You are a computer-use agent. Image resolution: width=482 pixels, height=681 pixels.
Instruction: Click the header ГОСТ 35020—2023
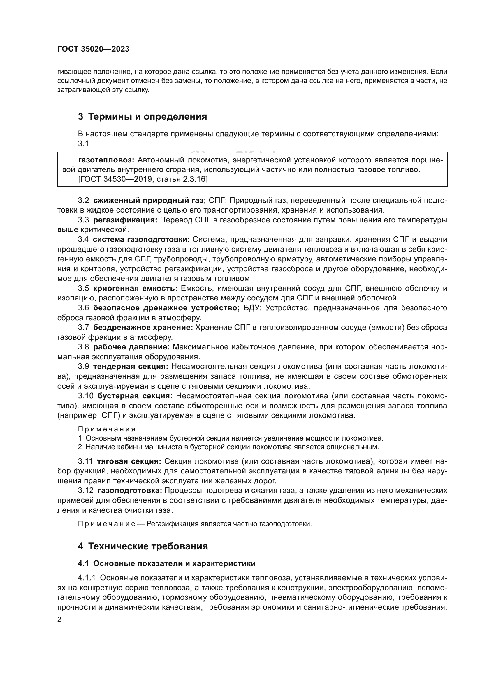click(93, 49)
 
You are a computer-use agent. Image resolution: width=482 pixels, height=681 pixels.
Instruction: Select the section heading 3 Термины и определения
click(143, 116)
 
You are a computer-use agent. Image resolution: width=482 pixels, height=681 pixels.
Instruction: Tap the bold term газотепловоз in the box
click(106, 160)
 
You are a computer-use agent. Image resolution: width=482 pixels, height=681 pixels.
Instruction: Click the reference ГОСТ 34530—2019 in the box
click(116, 179)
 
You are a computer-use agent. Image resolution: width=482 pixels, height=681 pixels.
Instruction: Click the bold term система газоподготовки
click(141, 239)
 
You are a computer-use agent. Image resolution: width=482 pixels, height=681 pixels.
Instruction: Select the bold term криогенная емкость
click(135, 288)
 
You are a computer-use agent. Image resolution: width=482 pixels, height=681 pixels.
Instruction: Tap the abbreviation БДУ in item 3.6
click(251, 308)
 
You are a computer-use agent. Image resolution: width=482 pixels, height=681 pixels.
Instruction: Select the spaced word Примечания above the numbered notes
click(107, 429)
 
